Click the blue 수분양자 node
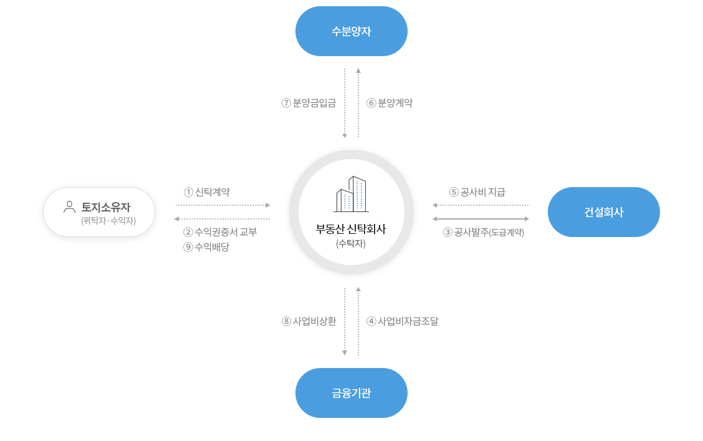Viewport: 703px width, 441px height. [351, 31]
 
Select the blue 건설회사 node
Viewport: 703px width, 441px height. [603, 211]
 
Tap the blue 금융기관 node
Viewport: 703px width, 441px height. [351, 393]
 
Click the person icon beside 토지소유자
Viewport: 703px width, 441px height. [70, 207]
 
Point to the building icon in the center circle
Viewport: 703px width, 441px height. [351, 194]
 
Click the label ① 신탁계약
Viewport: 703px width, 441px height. [207, 192]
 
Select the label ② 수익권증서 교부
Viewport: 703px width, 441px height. [220, 232]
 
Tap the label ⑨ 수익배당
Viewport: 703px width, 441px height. [206, 247]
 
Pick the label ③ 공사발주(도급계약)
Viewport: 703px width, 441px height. [484, 232]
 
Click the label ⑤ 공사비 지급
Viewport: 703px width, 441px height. [477, 192]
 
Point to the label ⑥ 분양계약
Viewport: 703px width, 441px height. [390, 103]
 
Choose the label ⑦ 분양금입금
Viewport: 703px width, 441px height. [309, 103]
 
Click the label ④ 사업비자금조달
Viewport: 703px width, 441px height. [403, 321]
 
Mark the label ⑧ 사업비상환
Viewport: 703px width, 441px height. [309, 321]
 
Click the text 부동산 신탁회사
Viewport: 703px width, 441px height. [351, 229]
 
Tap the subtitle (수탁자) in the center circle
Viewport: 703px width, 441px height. [351, 244]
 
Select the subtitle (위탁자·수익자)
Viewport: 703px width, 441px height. [108, 221]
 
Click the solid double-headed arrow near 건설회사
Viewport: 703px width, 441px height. [481, 219]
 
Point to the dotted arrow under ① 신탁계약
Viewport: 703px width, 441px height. [223, 205]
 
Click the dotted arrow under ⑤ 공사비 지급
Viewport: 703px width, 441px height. [481, 205]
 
